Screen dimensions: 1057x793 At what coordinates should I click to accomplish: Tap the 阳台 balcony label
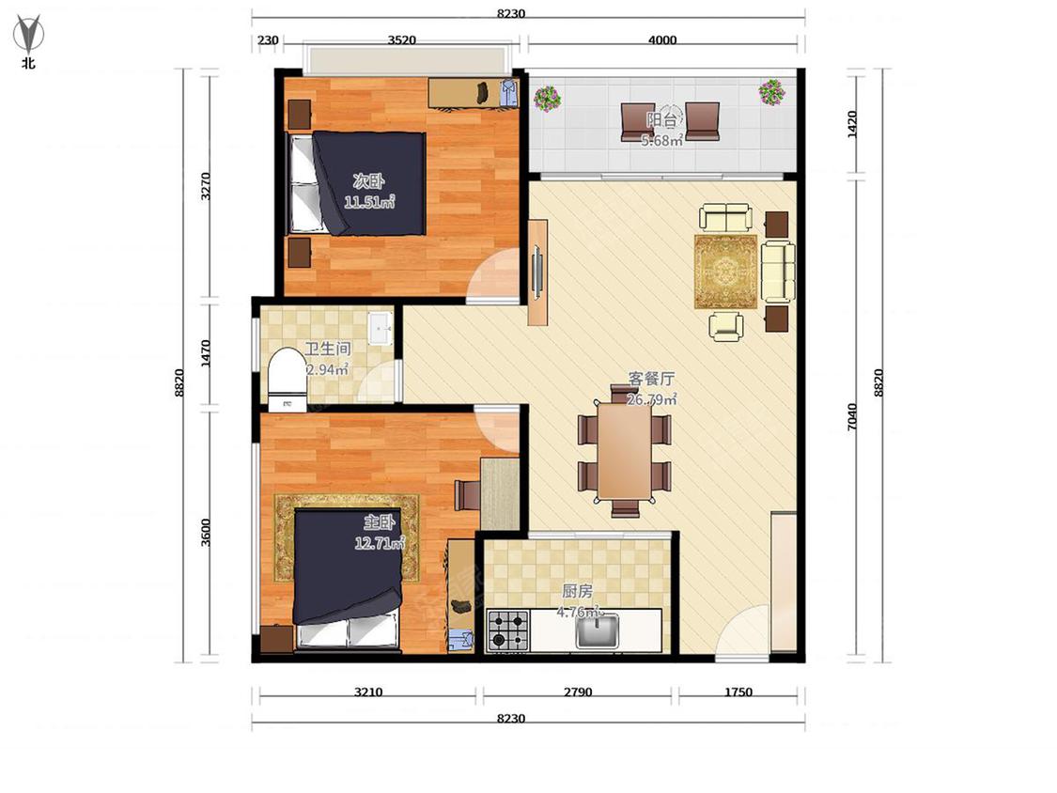(661, 120)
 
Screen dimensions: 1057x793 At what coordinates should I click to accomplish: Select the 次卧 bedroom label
(368, 180)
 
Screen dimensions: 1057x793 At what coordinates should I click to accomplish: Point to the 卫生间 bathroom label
(328, 349)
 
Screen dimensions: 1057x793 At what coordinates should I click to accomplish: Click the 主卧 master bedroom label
(380, 521)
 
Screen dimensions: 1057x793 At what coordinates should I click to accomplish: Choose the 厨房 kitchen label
(578, 591)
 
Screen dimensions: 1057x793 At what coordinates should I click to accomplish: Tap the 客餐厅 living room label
(651, 379)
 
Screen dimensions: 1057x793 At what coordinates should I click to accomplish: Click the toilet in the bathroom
(287, 378)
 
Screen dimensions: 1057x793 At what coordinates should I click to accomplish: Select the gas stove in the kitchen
(508, 630)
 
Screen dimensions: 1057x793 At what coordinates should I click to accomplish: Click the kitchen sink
(598, 630)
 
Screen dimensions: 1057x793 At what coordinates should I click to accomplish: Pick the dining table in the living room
(625, 450)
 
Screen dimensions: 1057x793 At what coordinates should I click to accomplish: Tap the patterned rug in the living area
(726, 272)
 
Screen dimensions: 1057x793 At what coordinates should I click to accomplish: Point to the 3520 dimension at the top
(402, 39)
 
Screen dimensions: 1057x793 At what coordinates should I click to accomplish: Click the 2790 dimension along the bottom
(578, 692)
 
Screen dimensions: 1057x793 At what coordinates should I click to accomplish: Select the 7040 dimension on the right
(852, 416)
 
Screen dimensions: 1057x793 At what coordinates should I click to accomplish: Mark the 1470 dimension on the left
(206, 353)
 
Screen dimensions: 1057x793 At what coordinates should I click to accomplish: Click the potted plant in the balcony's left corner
(548, 98)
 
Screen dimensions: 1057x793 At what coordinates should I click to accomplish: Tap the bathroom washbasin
(381, 328)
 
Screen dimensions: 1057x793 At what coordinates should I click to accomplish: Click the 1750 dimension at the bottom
(738, 692)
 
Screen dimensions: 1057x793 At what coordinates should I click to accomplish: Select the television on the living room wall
(537, 272)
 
